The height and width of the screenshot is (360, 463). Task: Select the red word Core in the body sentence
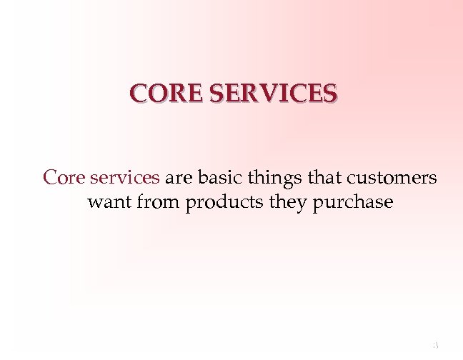click(61, 177)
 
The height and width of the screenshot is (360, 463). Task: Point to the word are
click(179, 177)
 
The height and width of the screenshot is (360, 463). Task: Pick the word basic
click(220, 177)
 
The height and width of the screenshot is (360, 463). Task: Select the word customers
click(393, 177)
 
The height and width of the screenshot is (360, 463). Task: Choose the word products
click(224, 203)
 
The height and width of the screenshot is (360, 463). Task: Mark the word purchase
click(352, 203)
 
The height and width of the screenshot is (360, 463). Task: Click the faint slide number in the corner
click(434, 346)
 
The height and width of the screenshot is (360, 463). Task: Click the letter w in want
click(94, 203)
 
